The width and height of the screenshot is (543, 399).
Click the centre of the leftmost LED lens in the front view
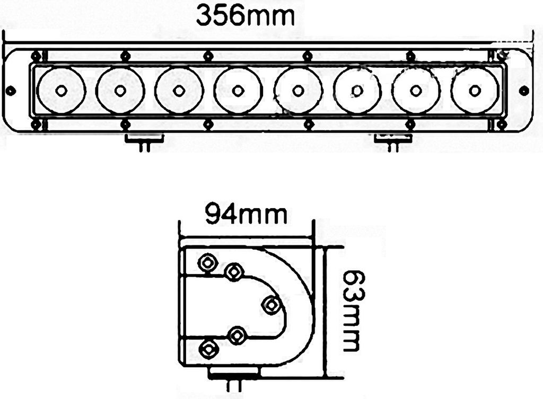coord(61,90)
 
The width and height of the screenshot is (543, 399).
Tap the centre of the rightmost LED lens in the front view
coord(475,90)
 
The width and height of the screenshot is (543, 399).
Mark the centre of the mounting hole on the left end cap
coord(12,91)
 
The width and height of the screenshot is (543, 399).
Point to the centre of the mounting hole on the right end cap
coord(524,91)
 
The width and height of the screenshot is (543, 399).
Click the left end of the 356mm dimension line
coord(4,43)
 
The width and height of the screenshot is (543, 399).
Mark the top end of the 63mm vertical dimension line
coord(325,247)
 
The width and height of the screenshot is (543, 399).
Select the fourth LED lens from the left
coord(237,90)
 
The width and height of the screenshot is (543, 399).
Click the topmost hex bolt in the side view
coord(207,263)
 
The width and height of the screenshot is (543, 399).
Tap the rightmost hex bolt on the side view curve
coord(271,305)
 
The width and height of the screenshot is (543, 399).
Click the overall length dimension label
coord(245,15)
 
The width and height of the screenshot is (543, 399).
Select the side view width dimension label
coord(246,214)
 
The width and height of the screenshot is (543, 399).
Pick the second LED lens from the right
coord(416,90)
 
